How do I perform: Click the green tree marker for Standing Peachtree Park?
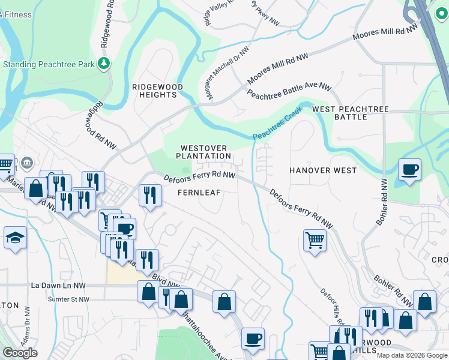click(104, 64)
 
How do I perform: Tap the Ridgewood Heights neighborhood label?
click(157, 91)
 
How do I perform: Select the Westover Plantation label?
click(203, 152)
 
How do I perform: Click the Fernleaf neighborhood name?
click(200, 193)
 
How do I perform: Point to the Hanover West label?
click(323, 170)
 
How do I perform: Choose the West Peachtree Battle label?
click(351, 113)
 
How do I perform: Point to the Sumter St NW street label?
click(68, 299)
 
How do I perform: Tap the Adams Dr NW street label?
click(27, 325)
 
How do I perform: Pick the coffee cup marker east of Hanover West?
click(409, 170)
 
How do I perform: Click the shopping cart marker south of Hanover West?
click(315, 241)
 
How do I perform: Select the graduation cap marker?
click(15, 238)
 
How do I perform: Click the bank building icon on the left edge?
click(27, 163)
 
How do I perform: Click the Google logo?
click(20, 353)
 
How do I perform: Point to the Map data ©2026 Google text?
click(411, 355)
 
